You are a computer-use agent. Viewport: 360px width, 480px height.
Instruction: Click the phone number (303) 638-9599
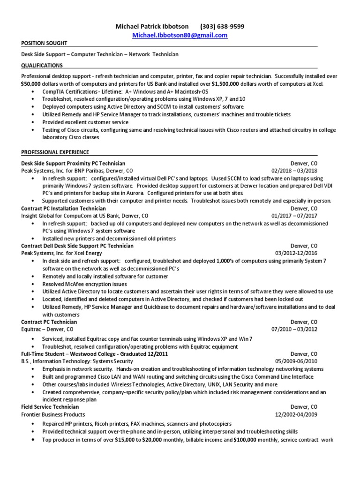coord(222,26)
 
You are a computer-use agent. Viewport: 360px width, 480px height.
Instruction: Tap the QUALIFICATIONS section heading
coord(42,66)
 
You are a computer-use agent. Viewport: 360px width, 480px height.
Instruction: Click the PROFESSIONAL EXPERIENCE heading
coord(55,152)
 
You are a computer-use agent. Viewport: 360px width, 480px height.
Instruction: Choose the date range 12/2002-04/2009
coord(296,415)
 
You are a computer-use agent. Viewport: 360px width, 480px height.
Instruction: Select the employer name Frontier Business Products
coord(53,415)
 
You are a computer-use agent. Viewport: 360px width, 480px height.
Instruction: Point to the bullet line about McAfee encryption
coord(84,284)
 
